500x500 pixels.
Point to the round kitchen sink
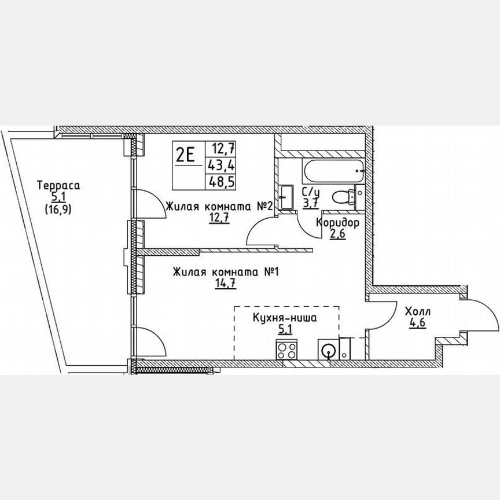point(328,350)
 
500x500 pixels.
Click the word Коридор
point(338,223)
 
